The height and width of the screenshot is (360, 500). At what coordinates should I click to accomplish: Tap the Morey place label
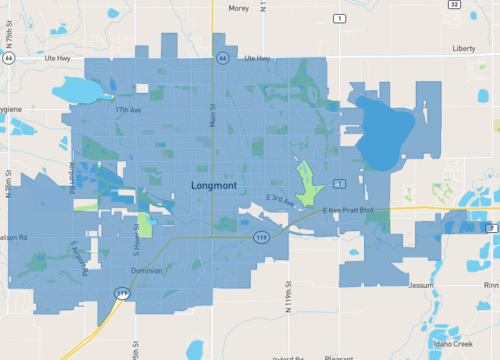point(210,8)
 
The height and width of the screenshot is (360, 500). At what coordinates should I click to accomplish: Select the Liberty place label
point(464,48)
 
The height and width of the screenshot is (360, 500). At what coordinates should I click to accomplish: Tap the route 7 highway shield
point(491,229)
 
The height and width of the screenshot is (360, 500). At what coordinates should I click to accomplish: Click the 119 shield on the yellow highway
point(122,293)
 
